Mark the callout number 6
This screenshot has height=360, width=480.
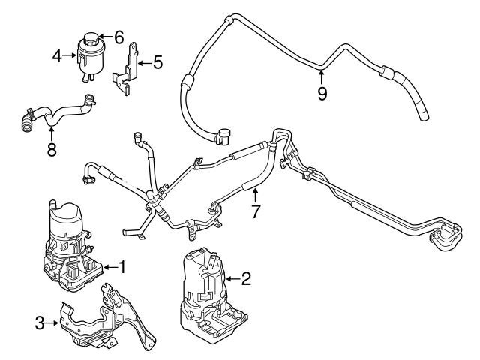[x=118, y=36]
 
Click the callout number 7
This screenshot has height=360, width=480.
[x=255, y=212]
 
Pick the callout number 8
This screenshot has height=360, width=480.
[x=50, y=149]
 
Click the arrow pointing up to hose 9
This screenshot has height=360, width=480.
[x=321, y=75]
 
